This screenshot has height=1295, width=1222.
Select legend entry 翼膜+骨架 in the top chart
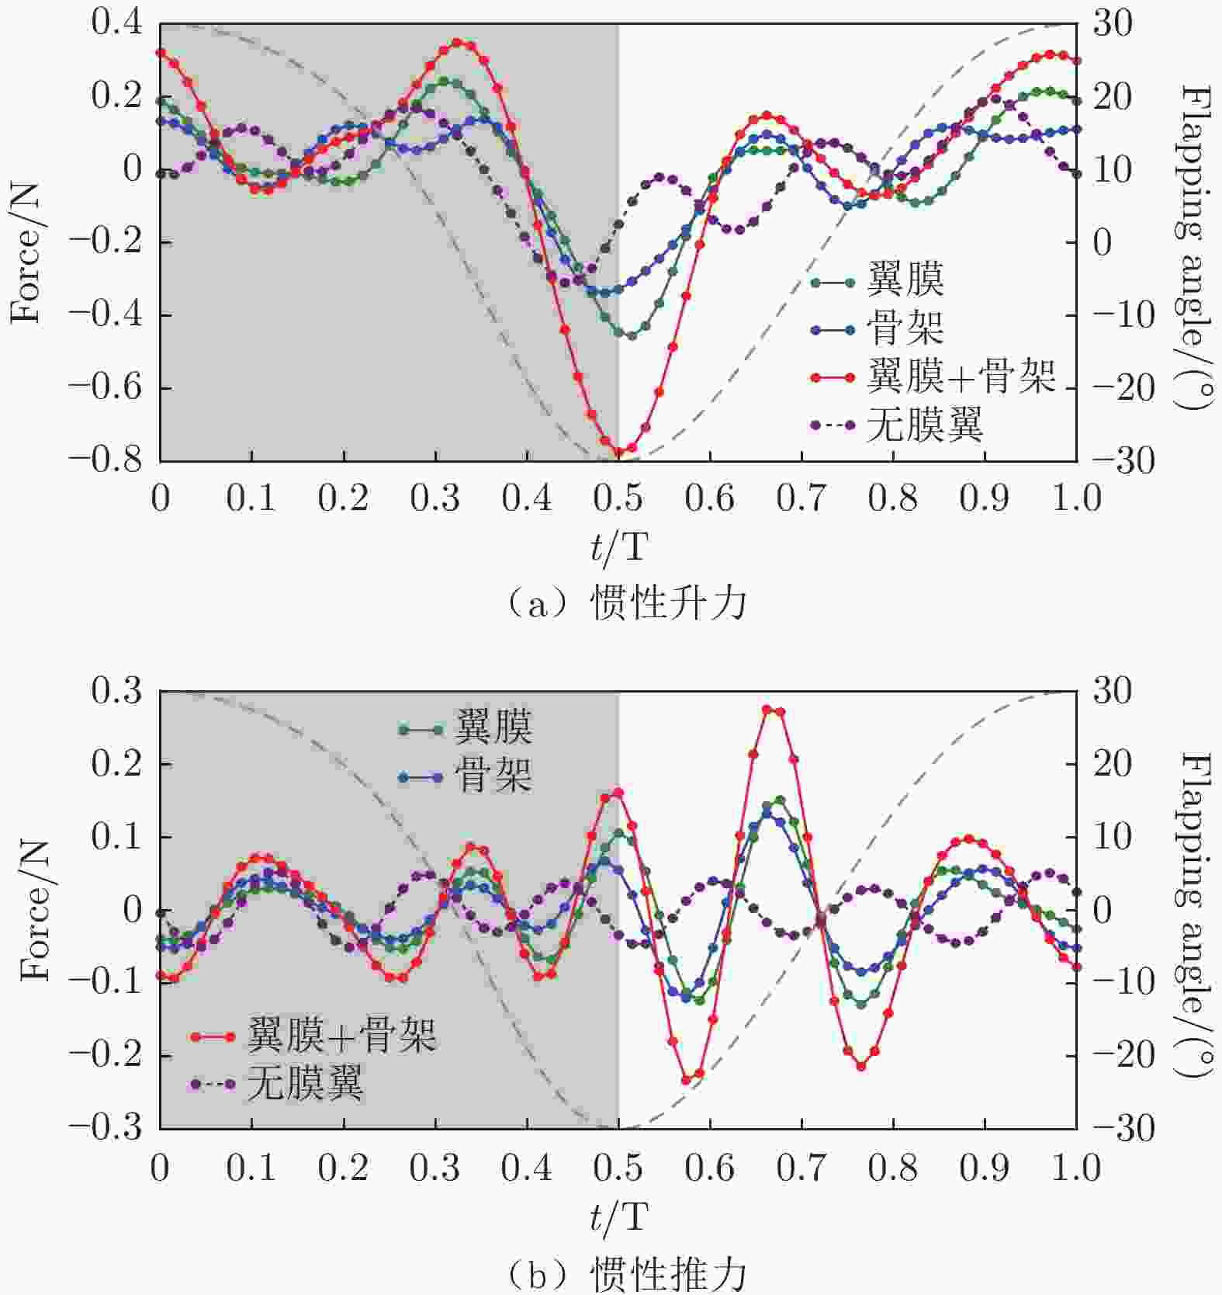tap(961, 377)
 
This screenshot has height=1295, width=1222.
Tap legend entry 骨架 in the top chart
tap(905, 328)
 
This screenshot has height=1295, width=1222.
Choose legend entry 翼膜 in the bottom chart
tap(493, 727)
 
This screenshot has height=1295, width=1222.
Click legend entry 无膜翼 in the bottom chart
tap(305, 1083)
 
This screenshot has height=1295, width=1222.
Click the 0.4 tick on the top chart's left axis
tap(117, 23)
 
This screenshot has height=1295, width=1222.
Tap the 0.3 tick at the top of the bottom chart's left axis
tap(117, 691)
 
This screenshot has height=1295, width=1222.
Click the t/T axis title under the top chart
tap(618, 547)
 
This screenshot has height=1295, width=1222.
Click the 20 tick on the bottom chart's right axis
tap(1113, 764)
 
